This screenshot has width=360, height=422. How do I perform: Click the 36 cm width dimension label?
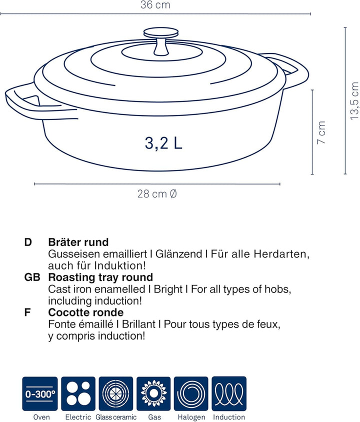click(155, 5)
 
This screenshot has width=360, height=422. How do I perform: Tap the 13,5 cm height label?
click(354, 101)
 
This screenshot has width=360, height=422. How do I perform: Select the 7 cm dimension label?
click(322, 133)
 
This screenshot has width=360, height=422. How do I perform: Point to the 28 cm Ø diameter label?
click(157, 194)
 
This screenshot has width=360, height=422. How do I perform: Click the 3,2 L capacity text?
click(163, 143)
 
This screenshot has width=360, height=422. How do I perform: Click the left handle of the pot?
click(22, 100)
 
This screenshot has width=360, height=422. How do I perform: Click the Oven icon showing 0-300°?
click(39, 393)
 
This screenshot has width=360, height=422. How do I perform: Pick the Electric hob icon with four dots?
click(78, 393)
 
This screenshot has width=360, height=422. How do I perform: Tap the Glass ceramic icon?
click(116, 393)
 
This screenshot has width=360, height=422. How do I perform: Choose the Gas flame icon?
click(153, 393)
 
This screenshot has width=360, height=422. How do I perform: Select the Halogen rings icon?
click(191, 393)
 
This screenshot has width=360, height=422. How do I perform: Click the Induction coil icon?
click(229, 393)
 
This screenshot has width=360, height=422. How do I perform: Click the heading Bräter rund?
click(78, 242)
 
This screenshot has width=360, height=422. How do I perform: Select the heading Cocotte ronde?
click(85, 313)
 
